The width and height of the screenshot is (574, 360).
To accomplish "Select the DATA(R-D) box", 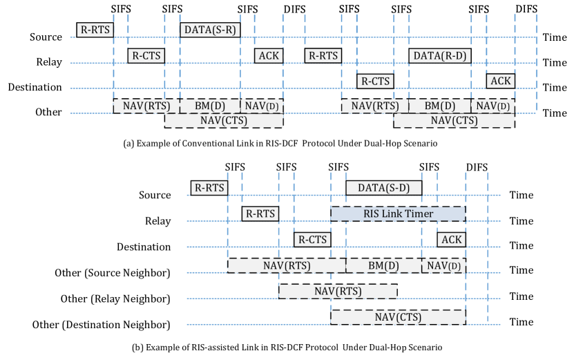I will click(x=439, y=55).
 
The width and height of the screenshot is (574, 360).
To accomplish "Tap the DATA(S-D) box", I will click(x=383, y=187).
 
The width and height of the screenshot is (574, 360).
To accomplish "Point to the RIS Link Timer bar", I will click(x=398, y=214).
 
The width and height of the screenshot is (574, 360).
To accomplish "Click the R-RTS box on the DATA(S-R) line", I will click(x=95, y=30).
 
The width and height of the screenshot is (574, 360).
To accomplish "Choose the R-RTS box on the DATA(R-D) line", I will click(x=323, y=55).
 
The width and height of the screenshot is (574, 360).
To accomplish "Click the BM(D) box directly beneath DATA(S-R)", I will click(x=209, y=106).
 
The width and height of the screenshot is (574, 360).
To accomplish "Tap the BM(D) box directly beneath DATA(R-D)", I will click(x=439, y=106).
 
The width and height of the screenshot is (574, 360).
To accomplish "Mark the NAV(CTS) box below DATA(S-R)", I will click(x=224, y=120).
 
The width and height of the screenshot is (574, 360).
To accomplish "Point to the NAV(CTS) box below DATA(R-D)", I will click(x=454, y=120).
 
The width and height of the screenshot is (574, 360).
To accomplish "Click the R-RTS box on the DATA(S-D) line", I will click(x=209, y=187).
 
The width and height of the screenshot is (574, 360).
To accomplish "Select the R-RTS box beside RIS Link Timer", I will click(x=260, y=214).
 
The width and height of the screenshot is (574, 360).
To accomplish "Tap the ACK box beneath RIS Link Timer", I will click(x=451, y=239).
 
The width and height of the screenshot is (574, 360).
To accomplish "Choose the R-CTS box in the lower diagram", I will click(x=312, y=239).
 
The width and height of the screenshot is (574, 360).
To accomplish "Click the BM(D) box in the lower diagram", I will click(x=383, y=265).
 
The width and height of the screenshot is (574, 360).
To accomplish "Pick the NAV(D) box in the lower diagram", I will click(x=443, y=265).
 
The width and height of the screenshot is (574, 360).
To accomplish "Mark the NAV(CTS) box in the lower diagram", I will click(x=398, y=317).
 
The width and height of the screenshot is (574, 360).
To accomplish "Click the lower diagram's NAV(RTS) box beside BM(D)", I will click(x=287, y=265).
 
